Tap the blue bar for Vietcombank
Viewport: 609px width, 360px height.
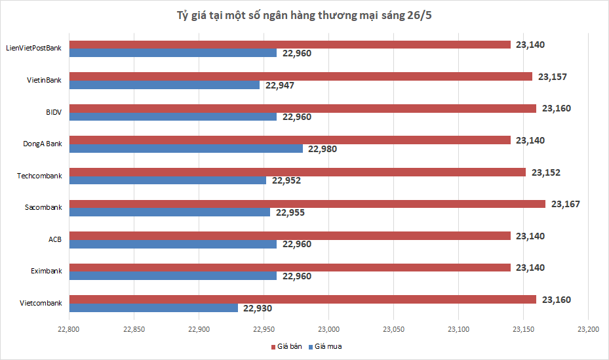point(153,308)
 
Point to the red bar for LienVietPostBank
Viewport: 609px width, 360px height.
point(290,45)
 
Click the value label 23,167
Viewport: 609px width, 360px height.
point(565,204)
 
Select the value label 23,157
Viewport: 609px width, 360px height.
point(552,77)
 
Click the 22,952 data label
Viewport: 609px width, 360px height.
point(286,180)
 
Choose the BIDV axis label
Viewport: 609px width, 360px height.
point(53,112)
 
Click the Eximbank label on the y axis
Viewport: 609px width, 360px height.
point(46,271)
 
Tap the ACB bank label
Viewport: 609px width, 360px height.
point(54,239)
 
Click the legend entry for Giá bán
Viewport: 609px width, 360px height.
point(286,346)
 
